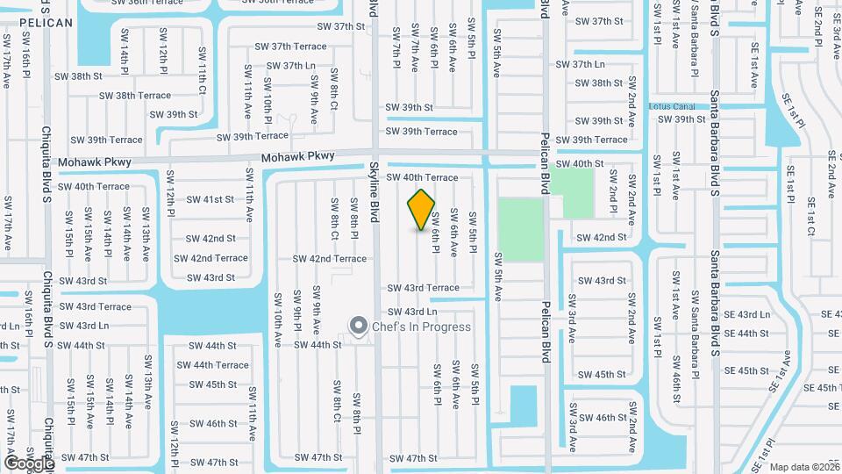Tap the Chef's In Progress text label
[421, 327]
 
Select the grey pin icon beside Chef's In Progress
[358, 327]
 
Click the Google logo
[28, 462]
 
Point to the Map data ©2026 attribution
[804, 467]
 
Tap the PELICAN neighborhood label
[45, 22]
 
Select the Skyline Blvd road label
[374, 191]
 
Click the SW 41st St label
[206, 199]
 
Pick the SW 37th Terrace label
[290, 46]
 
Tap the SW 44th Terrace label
[219, 365]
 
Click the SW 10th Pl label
[268, 100]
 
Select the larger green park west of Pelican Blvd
[521, 229]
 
